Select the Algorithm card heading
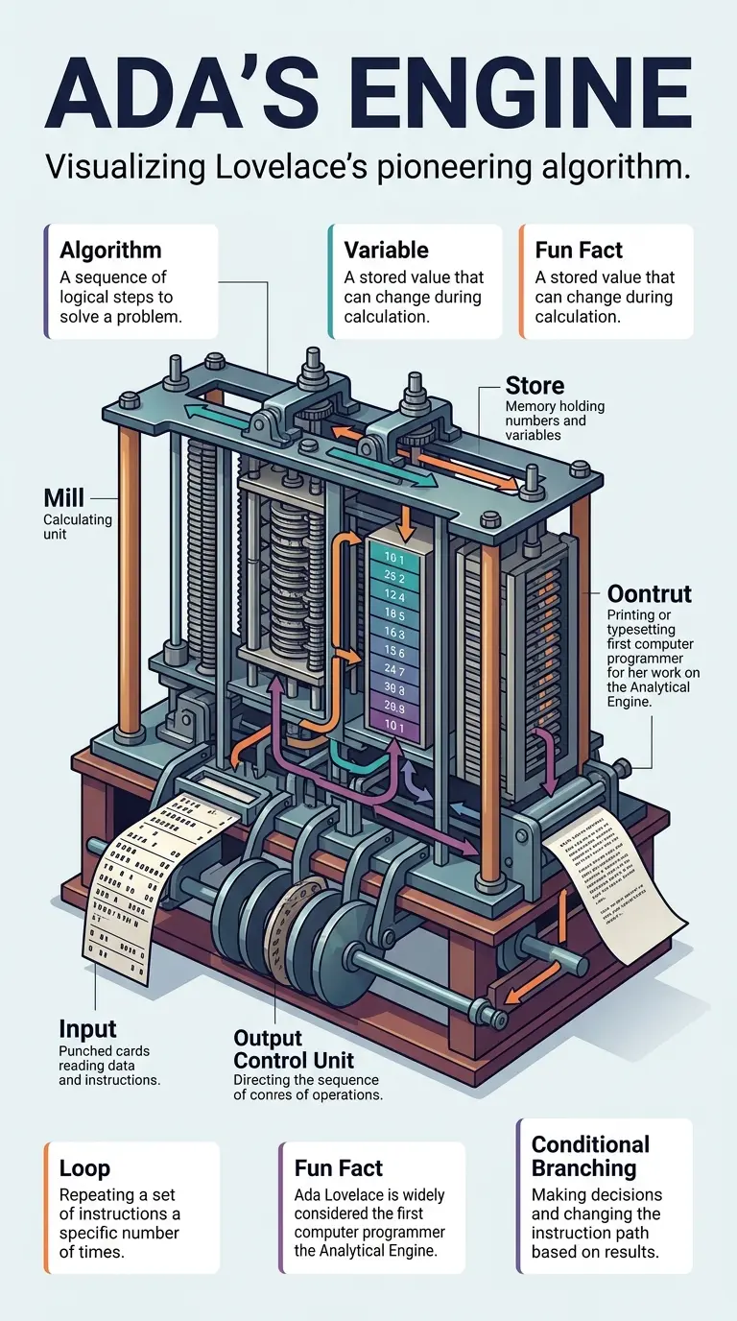coord(110,251)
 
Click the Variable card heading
coord(386,251)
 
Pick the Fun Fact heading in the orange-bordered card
coord(579,251)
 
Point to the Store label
coord(535,386)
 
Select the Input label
coord(87,1029)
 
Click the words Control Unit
coord(294,1061)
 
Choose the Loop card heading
coord(84,1168)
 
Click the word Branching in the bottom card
coord(583,1168)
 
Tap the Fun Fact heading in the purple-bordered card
coord(339,1168)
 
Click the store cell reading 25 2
coord(394,578)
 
